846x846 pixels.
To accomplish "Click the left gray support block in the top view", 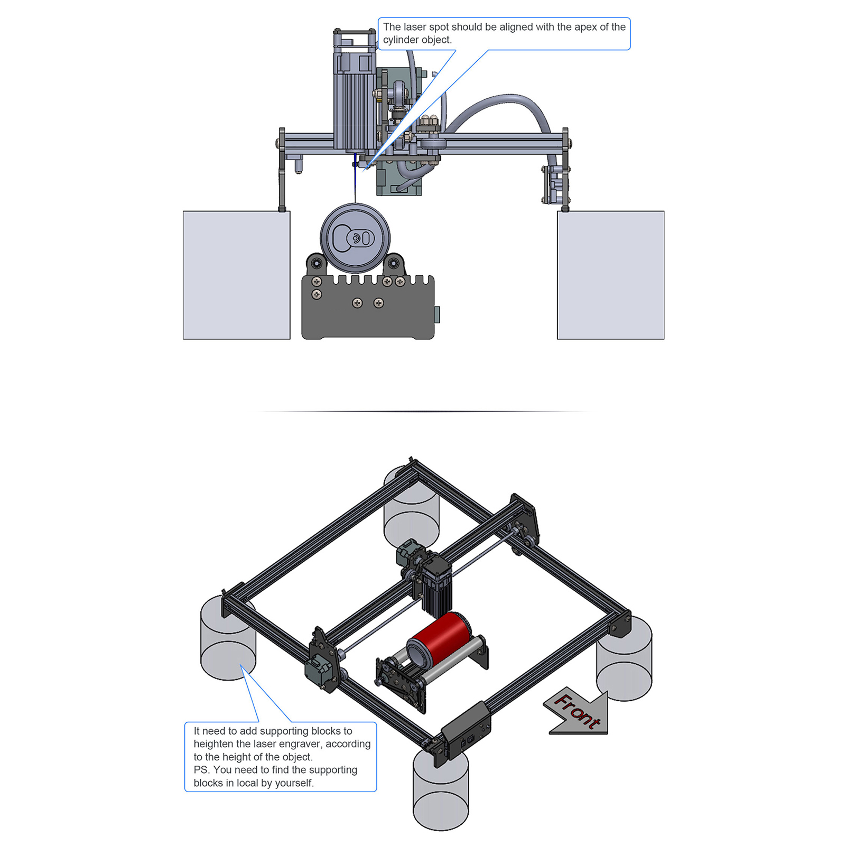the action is [x=237, y=275].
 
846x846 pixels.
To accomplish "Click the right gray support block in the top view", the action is [x=611, y=275].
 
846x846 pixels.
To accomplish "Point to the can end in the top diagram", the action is [x=355, y=237].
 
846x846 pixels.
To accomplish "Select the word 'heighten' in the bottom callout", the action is [x=213, y=744].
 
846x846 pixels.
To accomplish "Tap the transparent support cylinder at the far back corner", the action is [x=411, y=507].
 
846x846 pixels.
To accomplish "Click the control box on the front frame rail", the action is [x=466, y=729].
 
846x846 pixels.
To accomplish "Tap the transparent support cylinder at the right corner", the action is [x=624, y=658].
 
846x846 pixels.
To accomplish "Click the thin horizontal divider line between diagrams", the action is [x=423, y=411].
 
